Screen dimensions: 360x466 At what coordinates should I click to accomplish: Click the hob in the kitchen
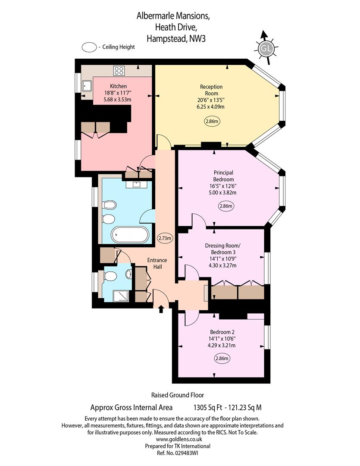119,71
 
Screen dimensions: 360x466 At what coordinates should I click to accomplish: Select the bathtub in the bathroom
130,235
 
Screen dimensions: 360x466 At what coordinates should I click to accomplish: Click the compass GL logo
266,48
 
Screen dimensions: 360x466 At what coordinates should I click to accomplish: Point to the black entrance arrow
161,309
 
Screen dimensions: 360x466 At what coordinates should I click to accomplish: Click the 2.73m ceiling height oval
165,238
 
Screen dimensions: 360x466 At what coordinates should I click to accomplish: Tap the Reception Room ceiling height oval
212,121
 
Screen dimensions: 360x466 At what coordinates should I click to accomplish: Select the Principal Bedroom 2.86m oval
226,206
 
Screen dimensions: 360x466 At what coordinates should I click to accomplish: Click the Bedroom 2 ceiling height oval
222,359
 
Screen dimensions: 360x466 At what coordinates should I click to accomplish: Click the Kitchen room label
118,86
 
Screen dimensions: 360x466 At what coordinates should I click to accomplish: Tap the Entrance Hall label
157,263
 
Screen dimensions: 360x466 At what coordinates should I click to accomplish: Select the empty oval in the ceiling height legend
89,47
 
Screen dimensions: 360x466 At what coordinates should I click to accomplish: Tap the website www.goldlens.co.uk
179,439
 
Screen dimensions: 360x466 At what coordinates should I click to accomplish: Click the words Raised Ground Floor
178,395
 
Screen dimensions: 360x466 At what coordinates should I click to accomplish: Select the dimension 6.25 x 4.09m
210,107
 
